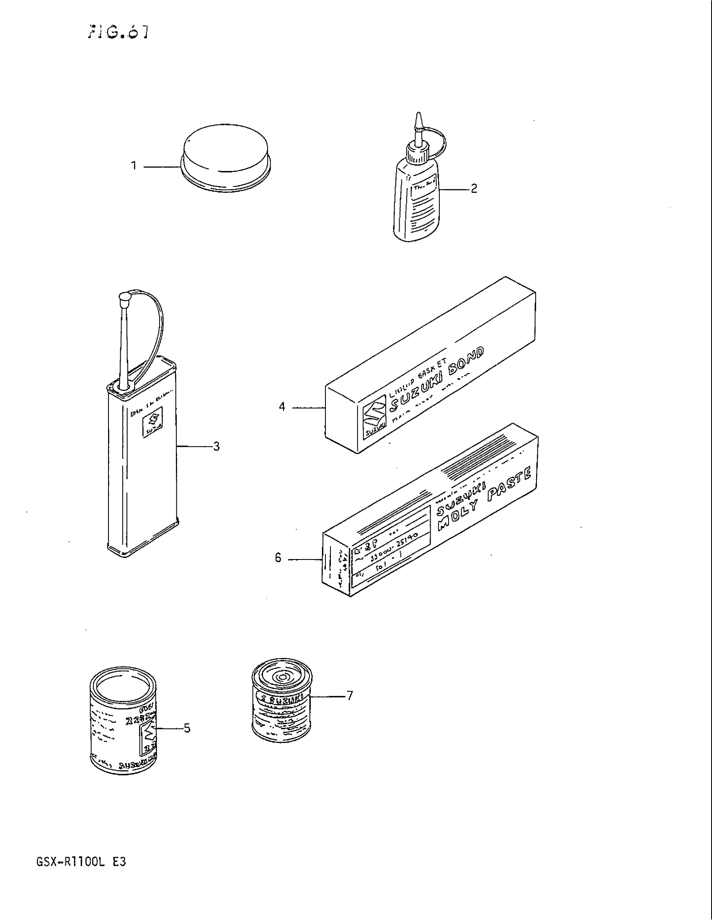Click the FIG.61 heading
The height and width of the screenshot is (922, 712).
tap(118, 33)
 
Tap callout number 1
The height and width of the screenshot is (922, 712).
tap(134, 166)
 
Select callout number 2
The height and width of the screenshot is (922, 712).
tap(474, 189)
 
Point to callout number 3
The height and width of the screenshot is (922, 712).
tap(216, 446)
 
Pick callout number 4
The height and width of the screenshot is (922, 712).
tap(282, 407)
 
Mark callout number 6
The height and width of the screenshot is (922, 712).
tap(278, 558)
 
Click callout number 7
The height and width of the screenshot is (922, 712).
tap(349, 695)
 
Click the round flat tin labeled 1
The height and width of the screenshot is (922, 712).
tap(226, 157)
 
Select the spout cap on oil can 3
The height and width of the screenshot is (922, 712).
tap(124, 299)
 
